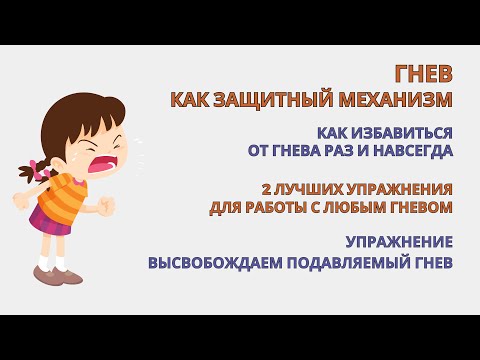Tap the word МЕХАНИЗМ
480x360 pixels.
pyautogui.click(x=395, y=99)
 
